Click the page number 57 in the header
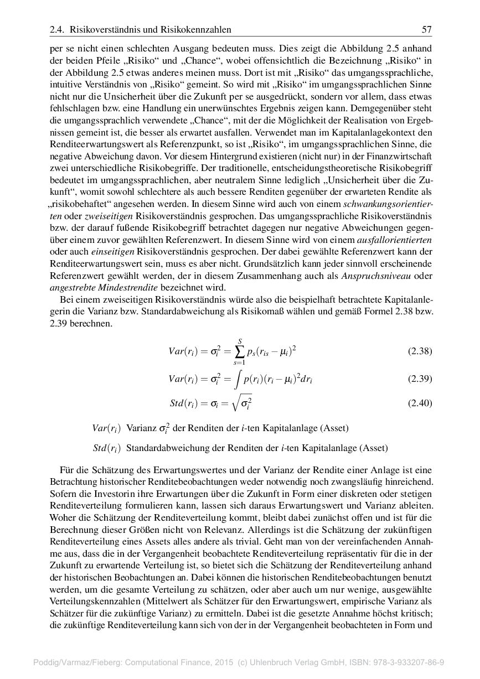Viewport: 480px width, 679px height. (x=426, y=29)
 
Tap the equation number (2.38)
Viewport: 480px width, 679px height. (x=420, y=351)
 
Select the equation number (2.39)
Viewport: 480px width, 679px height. (x=420, y=379)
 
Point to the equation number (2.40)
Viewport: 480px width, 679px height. (x=420, y=403)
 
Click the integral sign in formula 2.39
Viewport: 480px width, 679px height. (x=237, y=380)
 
